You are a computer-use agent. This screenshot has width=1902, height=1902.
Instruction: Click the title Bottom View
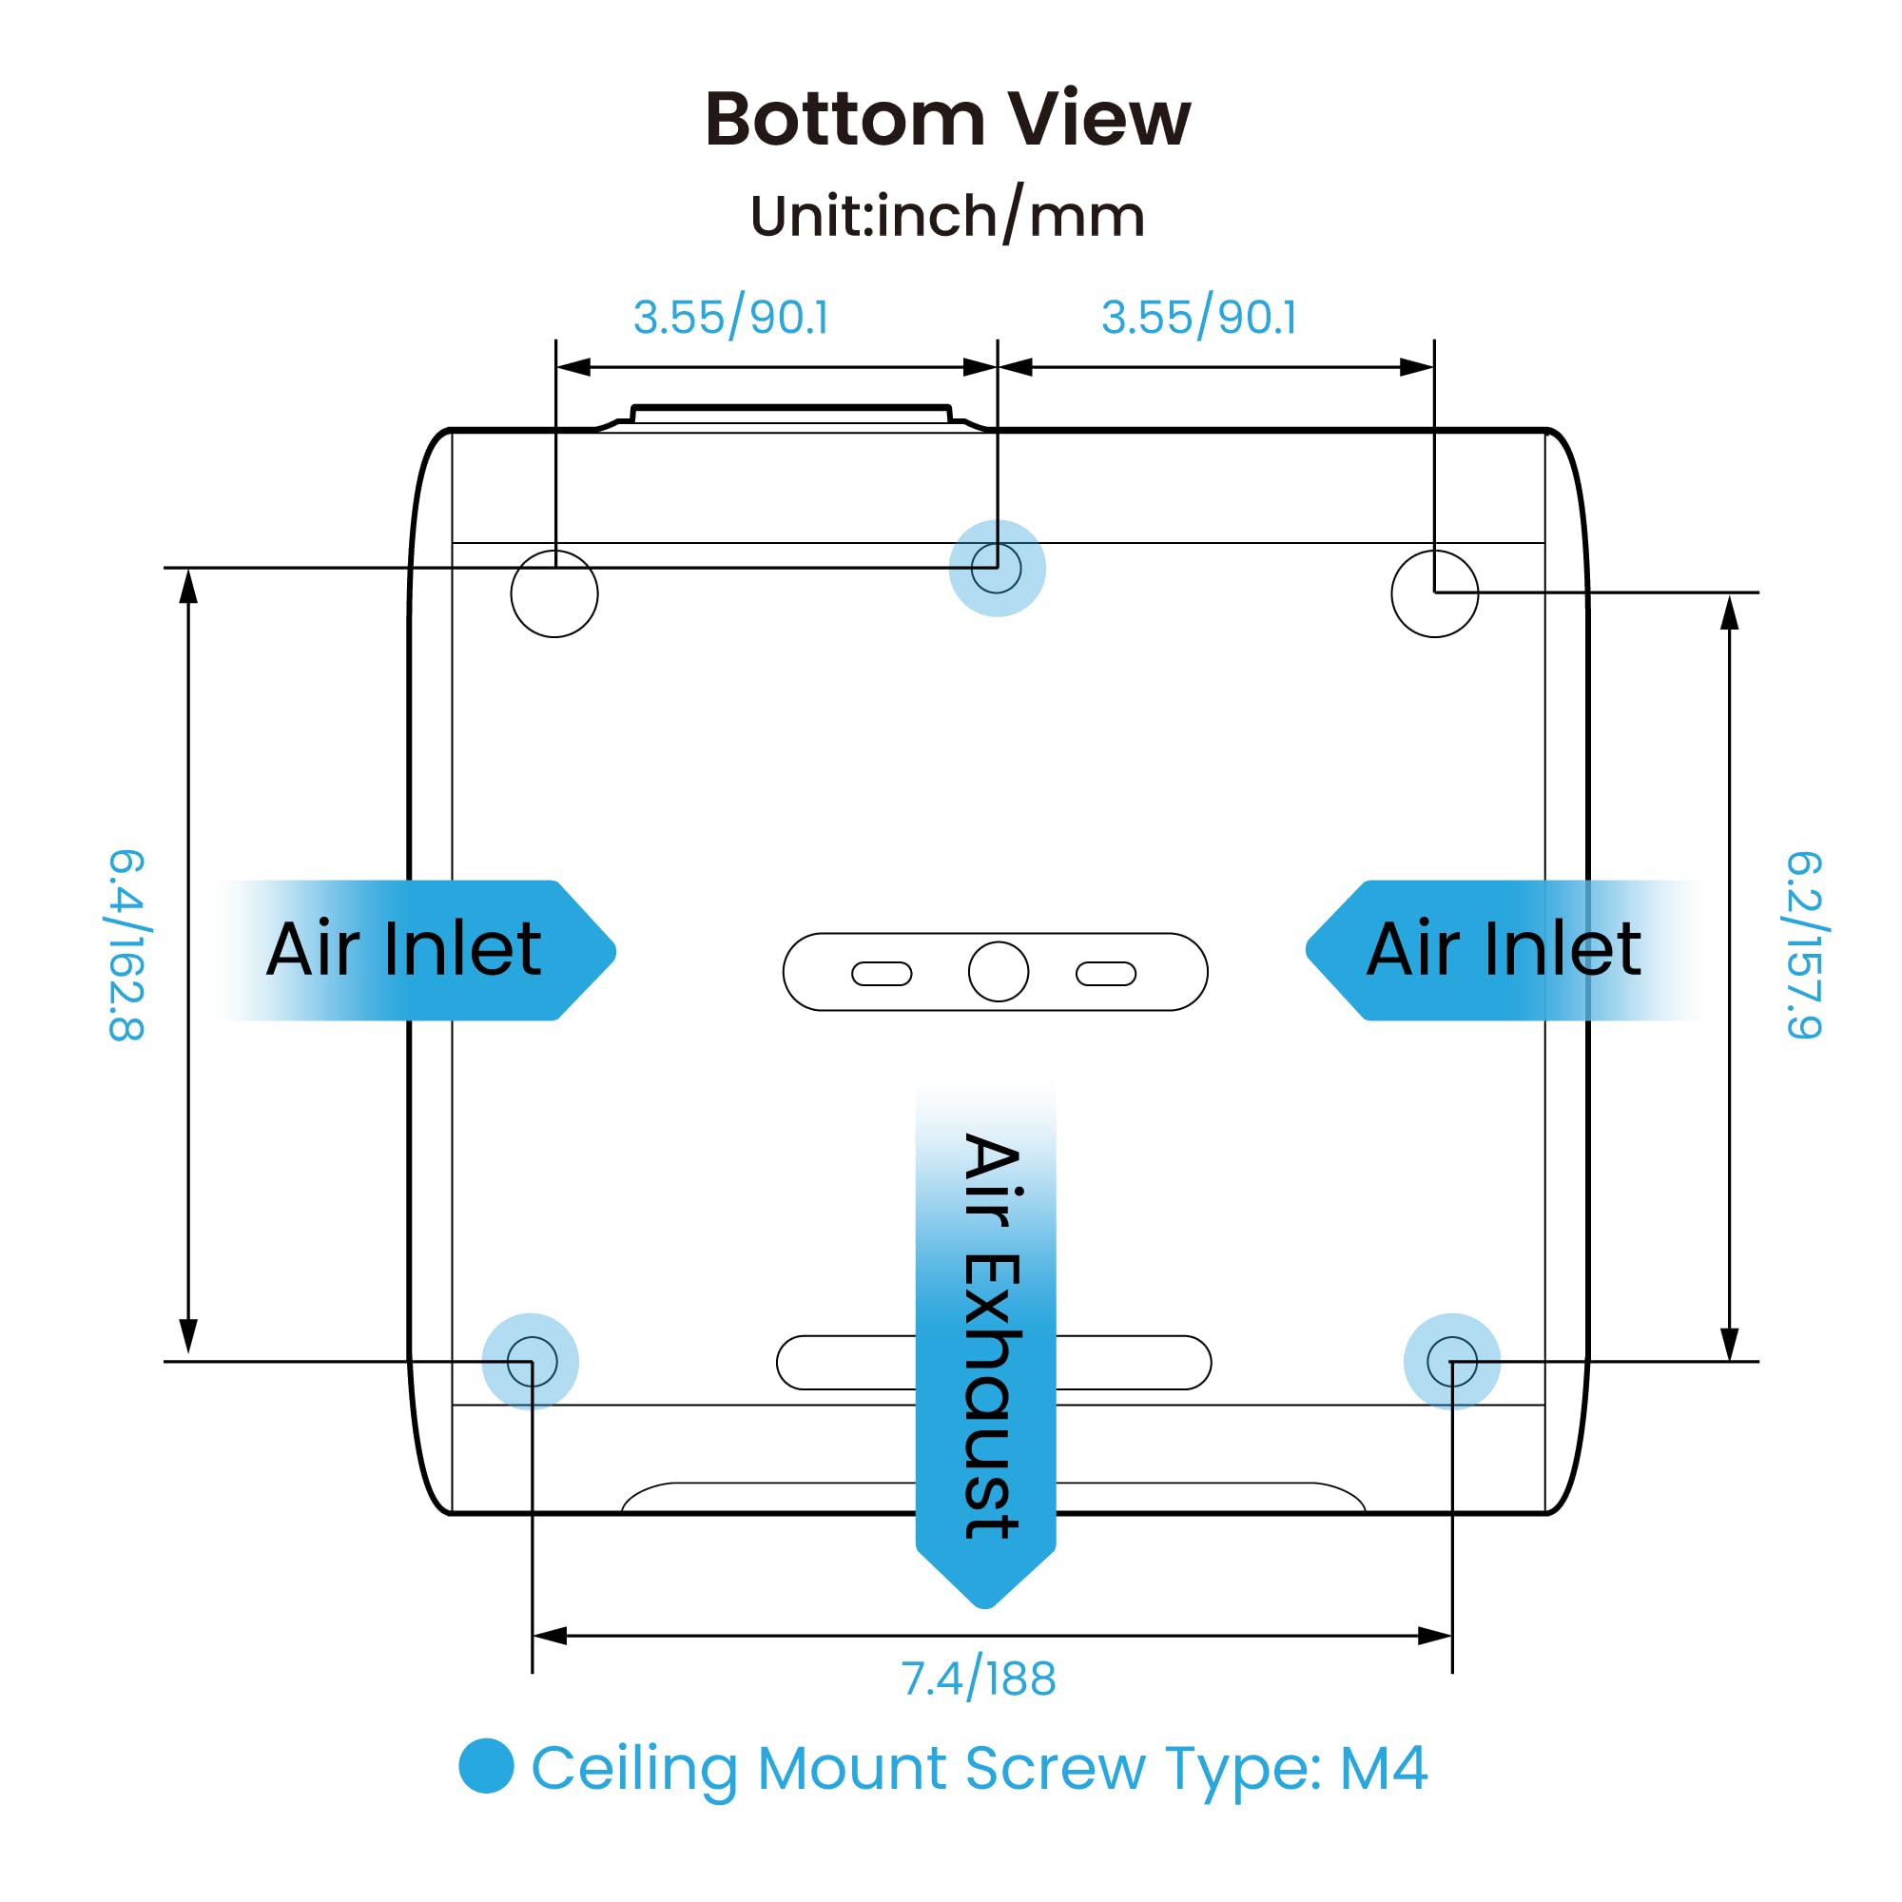point(948,119)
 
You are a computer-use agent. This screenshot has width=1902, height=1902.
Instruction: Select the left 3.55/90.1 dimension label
point(730,317)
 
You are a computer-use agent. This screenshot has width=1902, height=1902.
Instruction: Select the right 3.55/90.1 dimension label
point(1199,317)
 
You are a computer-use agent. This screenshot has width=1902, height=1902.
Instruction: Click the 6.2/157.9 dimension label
point(1805,945)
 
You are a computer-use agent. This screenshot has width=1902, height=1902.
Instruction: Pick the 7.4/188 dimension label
point(979,1679)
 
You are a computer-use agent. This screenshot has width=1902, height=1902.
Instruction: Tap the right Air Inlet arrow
point(1505,950)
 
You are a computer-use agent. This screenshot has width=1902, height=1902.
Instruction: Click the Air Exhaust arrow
point(985,1343)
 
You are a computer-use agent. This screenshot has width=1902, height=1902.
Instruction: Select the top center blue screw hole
point(998,568)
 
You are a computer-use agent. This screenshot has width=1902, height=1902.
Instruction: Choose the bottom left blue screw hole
point(531,1362)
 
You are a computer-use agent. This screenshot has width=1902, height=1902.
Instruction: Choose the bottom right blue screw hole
point(1452,1362)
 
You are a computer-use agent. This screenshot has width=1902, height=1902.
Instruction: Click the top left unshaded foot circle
point(554,593)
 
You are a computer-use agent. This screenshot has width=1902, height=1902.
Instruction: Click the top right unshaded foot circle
point(1434,593)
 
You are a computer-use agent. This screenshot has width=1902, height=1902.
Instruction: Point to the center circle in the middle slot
point(999,972)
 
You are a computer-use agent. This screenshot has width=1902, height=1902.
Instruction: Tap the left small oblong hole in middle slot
point(882,974)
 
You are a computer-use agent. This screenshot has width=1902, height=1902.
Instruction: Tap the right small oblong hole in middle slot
point(1106,974)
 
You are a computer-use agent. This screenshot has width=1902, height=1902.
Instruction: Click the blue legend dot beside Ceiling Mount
point(486,1765)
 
